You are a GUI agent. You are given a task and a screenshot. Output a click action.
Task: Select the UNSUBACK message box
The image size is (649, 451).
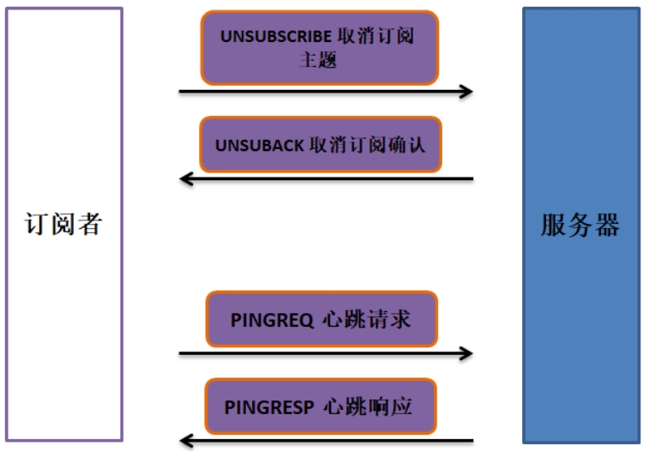coord(319,145)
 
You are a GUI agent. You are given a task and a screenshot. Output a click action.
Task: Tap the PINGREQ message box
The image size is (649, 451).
coord(321,319)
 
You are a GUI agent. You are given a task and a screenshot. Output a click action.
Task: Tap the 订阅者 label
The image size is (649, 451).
coord(63,225)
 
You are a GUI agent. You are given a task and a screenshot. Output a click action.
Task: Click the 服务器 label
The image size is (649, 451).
coord(580,225)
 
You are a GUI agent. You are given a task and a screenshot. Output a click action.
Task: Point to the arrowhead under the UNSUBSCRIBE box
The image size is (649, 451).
coord(466,91)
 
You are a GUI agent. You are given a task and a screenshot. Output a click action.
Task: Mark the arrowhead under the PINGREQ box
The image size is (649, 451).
coord(466,352)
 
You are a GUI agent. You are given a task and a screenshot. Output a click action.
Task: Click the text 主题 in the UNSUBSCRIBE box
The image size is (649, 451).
coord(319,59)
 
